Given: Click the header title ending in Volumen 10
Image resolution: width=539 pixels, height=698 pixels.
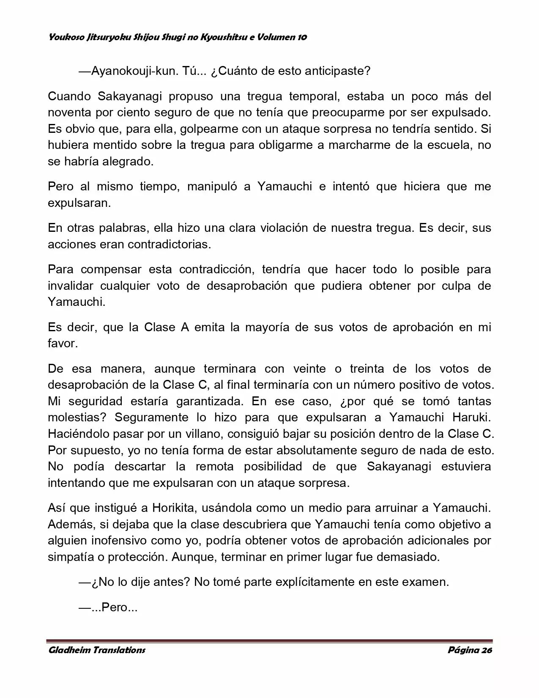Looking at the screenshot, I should pos(178,37).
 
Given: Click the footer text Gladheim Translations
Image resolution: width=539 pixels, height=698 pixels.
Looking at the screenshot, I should pos(97,650).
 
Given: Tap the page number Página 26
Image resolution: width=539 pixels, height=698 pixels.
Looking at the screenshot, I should pos(470,650).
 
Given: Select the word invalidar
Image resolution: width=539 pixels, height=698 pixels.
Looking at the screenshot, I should pos(70,286).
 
